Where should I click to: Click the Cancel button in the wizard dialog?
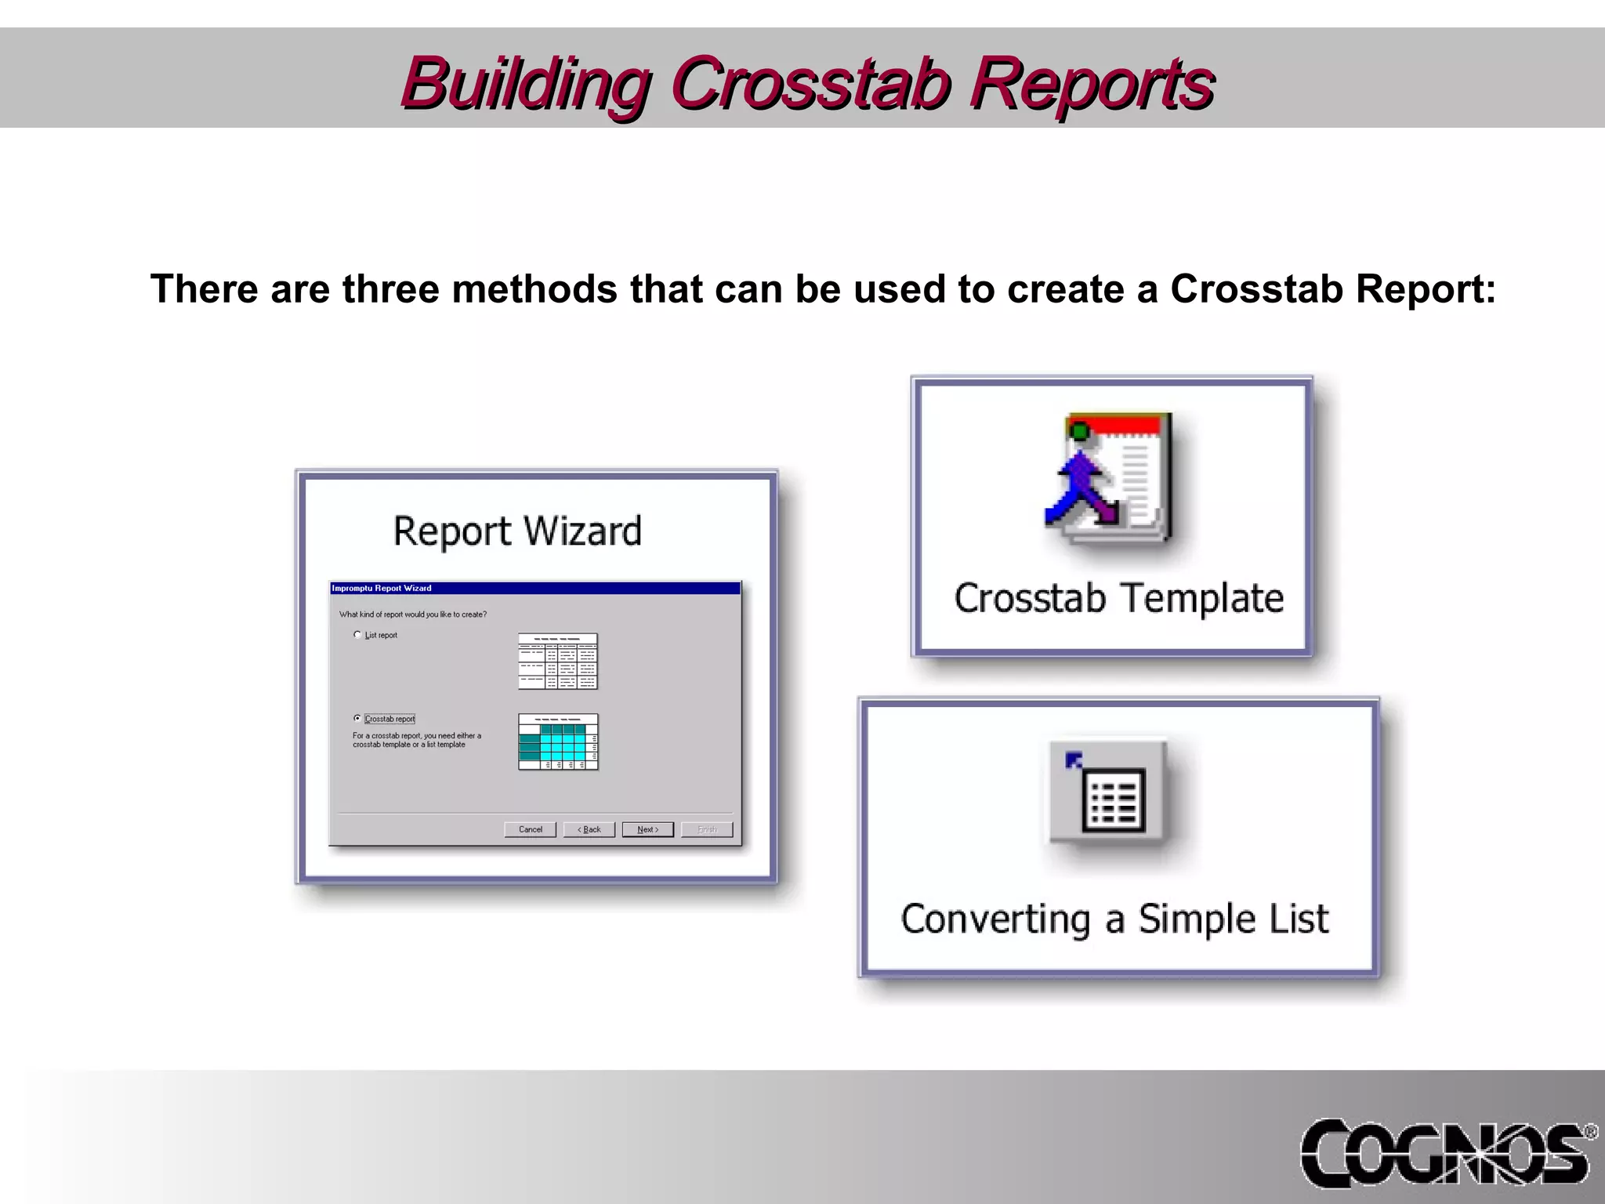point(531,829)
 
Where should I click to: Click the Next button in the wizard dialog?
point(647,829)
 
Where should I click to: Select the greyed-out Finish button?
point(707,829)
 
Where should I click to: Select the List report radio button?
point(357,635)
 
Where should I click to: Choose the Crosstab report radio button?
point(357,718)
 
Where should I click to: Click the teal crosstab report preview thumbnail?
point(558,742)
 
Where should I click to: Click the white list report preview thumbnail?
point(558,661)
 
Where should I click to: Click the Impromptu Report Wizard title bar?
point(534,588)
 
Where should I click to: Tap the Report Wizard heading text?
point(517,531)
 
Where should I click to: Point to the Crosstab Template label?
point(1118,598)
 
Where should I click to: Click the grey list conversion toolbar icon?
point(1108,793)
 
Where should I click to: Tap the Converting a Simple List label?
point(1114,919)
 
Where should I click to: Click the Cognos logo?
point(1442,1152)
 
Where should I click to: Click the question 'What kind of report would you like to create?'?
point(413,615)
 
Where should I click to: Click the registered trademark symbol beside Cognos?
point(1590,1132)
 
